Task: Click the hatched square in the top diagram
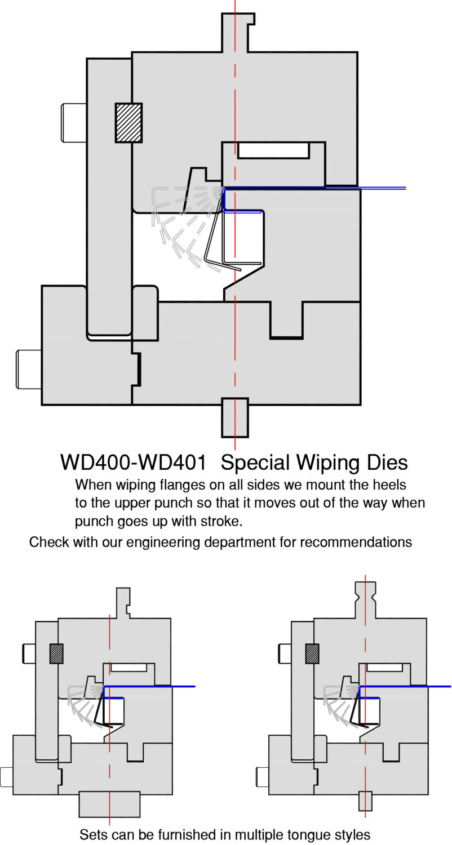[x=128, y=123]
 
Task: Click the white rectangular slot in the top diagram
[x=273, y=150]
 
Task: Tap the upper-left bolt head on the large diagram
[x=74, y=122]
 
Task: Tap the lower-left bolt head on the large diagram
[x=29, y=369]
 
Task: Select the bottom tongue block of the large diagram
[x=234, y=417]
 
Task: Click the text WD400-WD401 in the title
[x=132, y=462]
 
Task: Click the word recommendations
[x=356, y=542]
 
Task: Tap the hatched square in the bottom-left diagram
[x=56, y=653]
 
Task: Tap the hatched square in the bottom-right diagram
[x=312, y=653]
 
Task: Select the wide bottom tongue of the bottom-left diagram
[x=109, y=804]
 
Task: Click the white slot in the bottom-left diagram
[x=128, y=668]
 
